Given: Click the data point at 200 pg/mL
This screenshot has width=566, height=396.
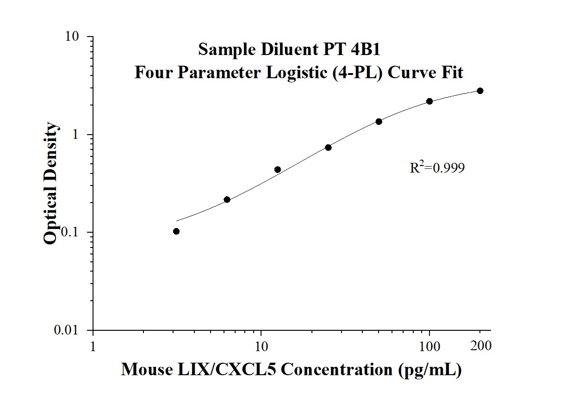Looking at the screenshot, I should [480, 91].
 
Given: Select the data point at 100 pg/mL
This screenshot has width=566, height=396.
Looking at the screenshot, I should [429, 101].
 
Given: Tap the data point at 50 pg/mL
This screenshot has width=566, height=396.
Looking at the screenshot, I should [379, 122].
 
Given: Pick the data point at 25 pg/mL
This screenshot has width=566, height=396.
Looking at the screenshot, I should [328, 148].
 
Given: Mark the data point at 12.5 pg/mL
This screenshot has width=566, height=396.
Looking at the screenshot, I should [278, 170].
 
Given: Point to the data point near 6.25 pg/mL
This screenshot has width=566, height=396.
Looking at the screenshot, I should [227, 199].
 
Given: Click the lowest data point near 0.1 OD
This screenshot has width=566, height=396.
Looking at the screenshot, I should [176, 231].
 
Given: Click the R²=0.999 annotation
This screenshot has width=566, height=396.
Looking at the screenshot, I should [437, 167].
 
